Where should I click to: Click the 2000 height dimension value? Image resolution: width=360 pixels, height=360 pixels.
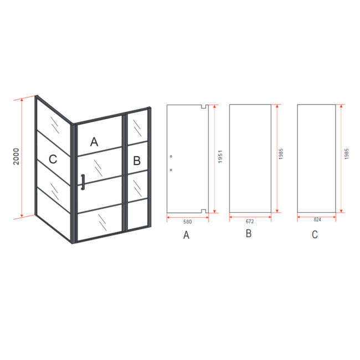tap(16, 157)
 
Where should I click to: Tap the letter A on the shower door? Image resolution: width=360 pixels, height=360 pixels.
tap(94, 142)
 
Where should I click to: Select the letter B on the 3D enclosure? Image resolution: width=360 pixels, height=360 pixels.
tap(137, 161)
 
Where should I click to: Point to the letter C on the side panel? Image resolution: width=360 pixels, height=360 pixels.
tap(53, 159)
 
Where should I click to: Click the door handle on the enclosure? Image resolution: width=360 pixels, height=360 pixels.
tap(83, 182)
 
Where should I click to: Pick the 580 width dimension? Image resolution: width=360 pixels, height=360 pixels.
tap(187, 222)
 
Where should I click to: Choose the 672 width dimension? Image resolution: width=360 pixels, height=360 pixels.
tap(250, 222)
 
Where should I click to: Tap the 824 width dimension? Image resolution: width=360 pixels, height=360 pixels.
tap(317, 220)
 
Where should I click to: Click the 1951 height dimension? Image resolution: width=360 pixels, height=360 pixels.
tap(220, 157)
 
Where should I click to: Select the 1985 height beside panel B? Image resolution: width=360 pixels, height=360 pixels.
tap(281, 154)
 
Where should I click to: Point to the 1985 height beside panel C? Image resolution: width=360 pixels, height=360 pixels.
tap(347, 154)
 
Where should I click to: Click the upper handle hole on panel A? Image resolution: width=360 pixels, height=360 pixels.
tap(171, 156)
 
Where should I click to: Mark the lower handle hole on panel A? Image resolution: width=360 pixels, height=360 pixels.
tap(171, 170)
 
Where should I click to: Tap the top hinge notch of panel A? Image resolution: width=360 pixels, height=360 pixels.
tap(204, 106)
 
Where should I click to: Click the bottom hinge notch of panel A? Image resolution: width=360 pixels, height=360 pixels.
tap(204, 211)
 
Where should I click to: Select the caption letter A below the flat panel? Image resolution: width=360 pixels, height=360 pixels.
tap(186, 235)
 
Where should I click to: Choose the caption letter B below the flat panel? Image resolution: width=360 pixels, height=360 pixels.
tap(249, 233)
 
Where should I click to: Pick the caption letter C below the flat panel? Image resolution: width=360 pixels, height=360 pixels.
tap(315, 234)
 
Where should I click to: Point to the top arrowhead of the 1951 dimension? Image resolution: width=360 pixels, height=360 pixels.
tap(215, 106)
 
